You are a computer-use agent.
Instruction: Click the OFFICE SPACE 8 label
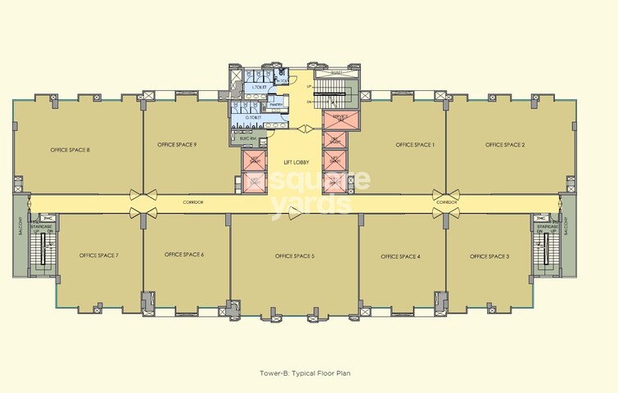pyautogui.click(x=70, y=150)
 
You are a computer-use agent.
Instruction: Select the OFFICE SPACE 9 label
pyautogui.click(x=176, y=145)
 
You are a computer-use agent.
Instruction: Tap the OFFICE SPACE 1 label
pyautogui.click(x=415, y=145)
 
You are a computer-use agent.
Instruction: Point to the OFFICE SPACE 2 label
pyautogui.click(x=505, y=145)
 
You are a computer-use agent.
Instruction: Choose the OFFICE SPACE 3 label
pyautogui.click(x=489, y=256)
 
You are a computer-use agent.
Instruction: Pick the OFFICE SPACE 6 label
pyautogui.click(x=184, y=255)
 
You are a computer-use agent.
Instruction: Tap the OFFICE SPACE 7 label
pyautogui.click(x=99, y=256)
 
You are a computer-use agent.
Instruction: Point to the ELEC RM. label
pyautogui.click(x=249, y=138)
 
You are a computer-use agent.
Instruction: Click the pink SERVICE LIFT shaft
pyautogui.click(x=336, y=120)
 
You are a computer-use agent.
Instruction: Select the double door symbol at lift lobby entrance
pyautogui.click(x=304, y=129)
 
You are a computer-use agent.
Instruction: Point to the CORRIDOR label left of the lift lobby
pyautogui.click(x=193, y=201)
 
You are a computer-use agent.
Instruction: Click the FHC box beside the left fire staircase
pyautogui.click(x=48, y=218)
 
